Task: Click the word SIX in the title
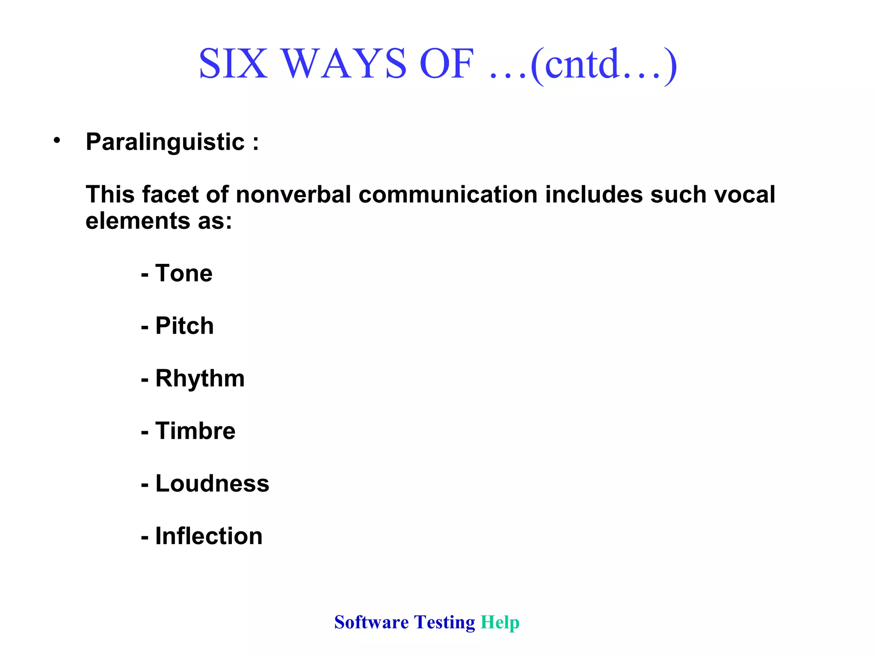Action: (233, 64)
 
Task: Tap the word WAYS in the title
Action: (344, 64)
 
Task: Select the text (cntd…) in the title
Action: (603, 64)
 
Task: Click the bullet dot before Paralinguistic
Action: (57, 140)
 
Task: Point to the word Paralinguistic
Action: (165, 142)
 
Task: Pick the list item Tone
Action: (183, 273)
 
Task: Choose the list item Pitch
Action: (184, 326)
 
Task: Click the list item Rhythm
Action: (200, 379)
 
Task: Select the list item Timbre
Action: (195, 431)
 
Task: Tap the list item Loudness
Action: (212, 484)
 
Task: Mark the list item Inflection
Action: (209, 536)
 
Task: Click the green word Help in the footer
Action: (500, 622)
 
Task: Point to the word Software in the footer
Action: (371, 622)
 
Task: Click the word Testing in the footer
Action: (444, 622)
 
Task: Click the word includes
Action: (594, 195)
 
